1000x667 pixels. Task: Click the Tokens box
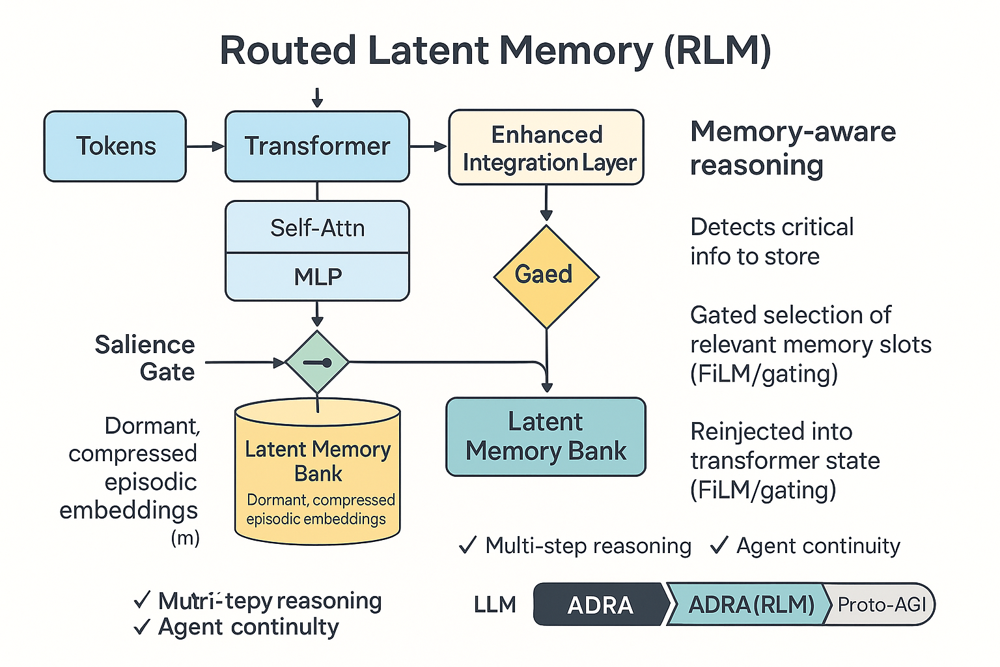tap(115, 146)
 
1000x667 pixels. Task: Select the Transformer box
tap(317, 146)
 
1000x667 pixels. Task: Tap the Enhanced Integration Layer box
tap(546, 148)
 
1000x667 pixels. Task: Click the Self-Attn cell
tap(317, 227)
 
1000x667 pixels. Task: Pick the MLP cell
tap(317, 277)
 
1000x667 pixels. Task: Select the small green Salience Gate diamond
tap(317, 362)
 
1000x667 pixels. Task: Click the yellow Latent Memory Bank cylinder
tap(317, 475)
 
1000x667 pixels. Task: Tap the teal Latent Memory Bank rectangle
tap(546, 436)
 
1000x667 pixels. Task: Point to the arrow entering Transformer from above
tap(317, 98)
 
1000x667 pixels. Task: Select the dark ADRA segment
tap(600, 604)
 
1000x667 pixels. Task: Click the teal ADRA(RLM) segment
tap(750, 604)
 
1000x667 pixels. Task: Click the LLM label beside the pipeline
tap(495, 604)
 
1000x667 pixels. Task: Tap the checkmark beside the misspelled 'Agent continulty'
tap(141, 627)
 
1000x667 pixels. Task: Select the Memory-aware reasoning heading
tap(792, 148)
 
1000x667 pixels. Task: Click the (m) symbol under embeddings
tap(185, 538)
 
